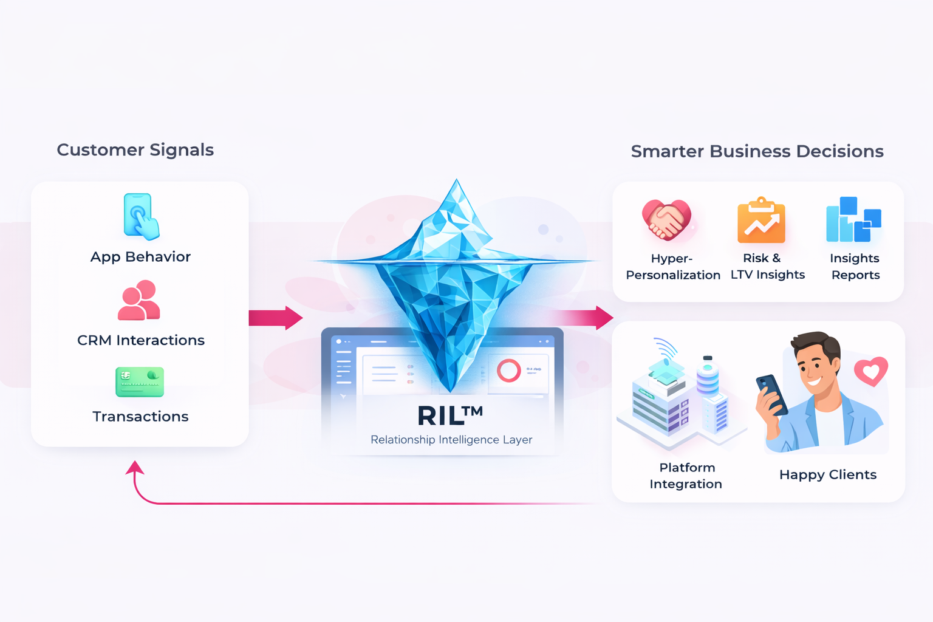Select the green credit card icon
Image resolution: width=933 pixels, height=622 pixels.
140,382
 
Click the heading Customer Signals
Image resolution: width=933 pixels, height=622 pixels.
135,150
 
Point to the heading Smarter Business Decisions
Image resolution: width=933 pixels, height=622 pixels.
757,151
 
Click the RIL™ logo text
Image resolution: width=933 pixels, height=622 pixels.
449,416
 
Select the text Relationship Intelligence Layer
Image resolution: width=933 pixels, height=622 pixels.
451,440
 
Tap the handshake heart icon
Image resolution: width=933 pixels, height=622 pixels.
666,220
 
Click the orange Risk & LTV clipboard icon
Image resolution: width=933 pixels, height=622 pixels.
761,220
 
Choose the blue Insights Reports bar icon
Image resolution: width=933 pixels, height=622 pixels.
853,219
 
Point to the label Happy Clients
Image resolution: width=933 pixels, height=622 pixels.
828,475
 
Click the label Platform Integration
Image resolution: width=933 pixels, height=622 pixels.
686,476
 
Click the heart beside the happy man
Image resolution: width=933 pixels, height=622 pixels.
871,371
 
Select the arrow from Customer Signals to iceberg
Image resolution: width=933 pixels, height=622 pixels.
276,318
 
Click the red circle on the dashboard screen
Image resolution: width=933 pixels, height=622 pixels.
509,371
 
